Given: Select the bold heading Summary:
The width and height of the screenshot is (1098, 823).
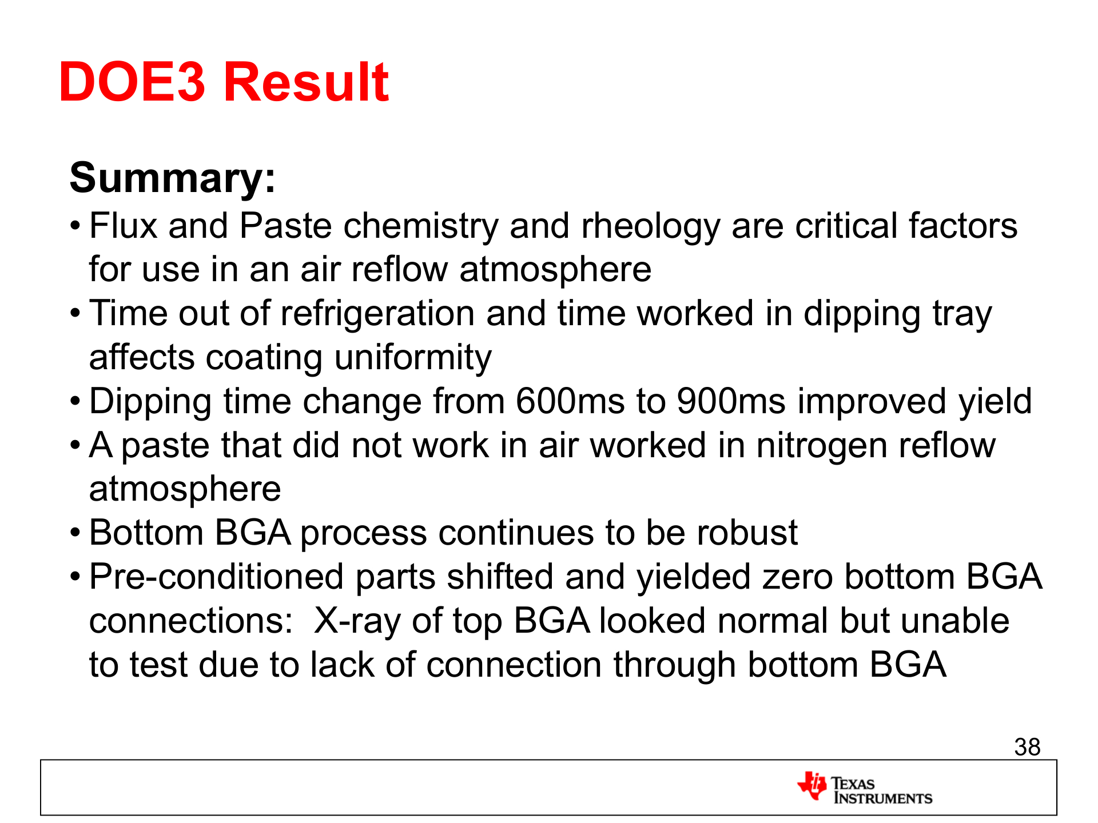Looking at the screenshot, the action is click(173, 178).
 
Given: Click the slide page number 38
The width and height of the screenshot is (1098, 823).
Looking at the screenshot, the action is click(1027, 747).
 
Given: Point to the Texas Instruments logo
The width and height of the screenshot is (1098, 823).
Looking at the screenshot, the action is click(865, 788).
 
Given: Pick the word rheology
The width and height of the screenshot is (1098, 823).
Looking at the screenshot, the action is click(650, 226).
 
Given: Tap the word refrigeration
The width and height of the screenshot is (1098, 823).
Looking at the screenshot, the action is click(377, 314).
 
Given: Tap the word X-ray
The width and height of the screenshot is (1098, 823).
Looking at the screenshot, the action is click(357, 621).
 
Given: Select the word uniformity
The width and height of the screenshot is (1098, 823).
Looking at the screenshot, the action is click(413, 358).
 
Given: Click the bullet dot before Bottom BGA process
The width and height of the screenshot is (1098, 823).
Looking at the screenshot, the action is click(75, 534).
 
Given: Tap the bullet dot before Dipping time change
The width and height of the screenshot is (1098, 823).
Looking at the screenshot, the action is click(75, 402).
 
